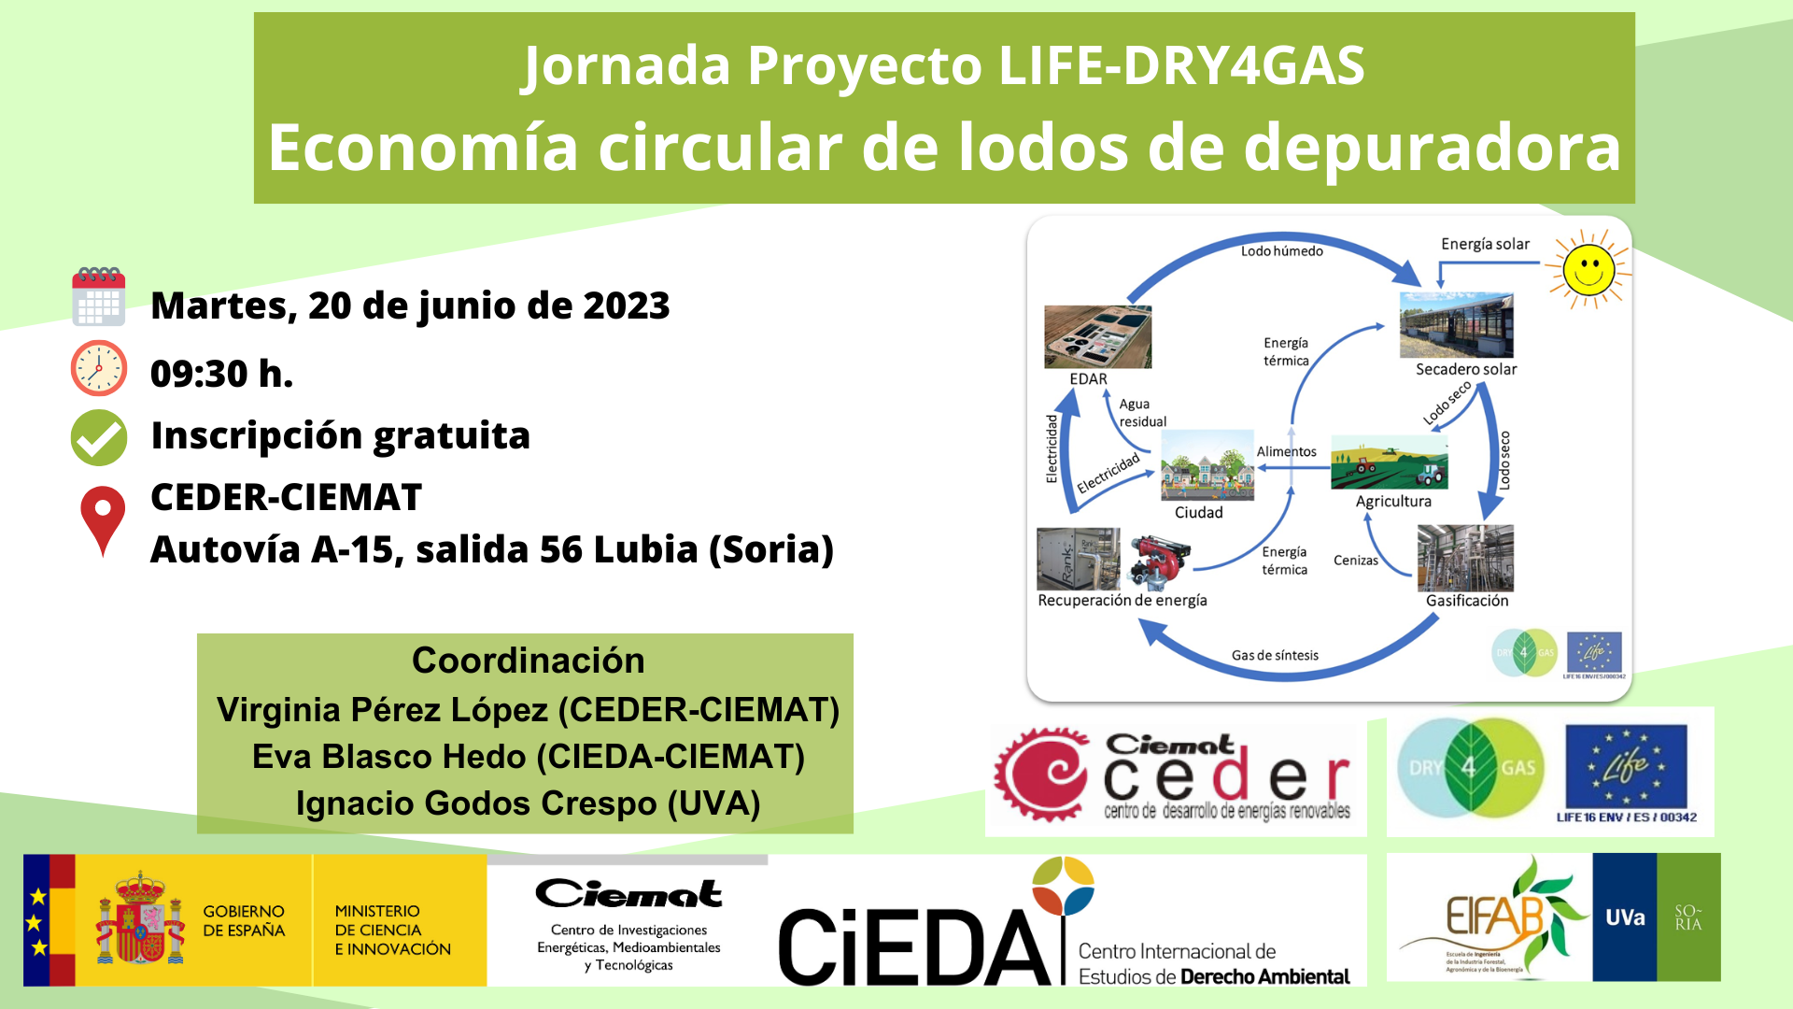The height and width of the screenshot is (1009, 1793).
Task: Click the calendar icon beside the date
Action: [99, 297]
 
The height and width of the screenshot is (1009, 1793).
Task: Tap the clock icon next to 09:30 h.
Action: [99, 368]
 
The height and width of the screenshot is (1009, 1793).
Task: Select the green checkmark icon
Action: [99, 437]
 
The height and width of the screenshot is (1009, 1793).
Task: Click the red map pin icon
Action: [103, 519]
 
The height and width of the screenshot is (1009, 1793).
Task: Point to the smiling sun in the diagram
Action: [1588, 269]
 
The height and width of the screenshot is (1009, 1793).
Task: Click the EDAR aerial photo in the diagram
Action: [1098, 337]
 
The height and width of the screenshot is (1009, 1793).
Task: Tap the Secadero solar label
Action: [1466, 369]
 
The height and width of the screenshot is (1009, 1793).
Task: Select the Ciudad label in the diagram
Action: [1198, 513]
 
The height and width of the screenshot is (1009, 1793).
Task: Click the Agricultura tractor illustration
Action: [1390, 462]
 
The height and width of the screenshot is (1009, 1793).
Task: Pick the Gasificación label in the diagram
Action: [1467, 601]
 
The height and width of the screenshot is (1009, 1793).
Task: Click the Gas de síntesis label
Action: [1275, 656]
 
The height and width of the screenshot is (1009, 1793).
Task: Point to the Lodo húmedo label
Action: [1281, 251]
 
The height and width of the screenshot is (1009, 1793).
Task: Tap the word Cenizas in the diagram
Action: [1355, 561]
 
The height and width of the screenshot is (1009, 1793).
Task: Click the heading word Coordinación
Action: [529, 661]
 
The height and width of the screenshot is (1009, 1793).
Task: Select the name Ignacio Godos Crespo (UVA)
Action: [529, 803]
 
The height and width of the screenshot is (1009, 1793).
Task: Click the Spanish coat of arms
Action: [140, 920]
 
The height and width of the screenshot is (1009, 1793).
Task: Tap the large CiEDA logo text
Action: [915, 945]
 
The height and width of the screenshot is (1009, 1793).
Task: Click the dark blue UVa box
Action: [1625, 917]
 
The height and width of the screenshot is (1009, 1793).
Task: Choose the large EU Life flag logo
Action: [1626, 767]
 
